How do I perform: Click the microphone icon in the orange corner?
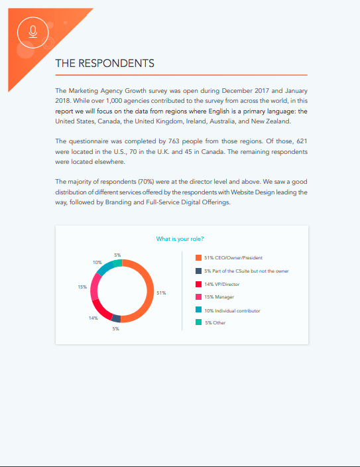pyautogui.click(x=33, y=32)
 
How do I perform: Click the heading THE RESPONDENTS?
pyautogui.click(x=105, y=64)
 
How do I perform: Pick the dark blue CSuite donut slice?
pyautogui.click(x=117, y=318)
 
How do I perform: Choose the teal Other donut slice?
pyautogui.click(x=117, y=263)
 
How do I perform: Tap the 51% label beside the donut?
pyautogui.click(x=160, y=293)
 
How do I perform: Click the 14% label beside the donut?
pyautogui.click(x=93, y=318)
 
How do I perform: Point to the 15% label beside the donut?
pyautogui.click(x=82, y=287)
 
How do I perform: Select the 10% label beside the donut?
pyautogui.click(x=97, y=262)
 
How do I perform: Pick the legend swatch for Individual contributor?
pyautogui.click(x=198, y=310)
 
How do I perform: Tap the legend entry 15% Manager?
pyautogui.click(x=219, y=297)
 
